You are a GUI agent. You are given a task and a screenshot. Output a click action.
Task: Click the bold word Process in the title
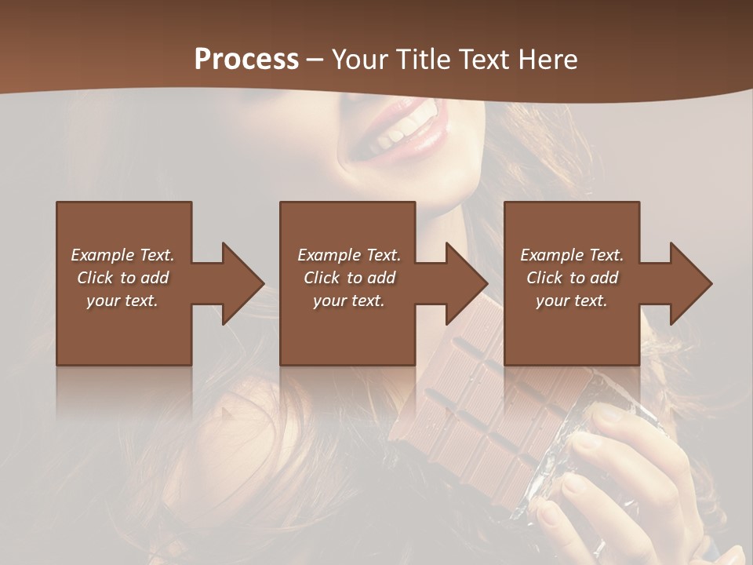pyautogui.click(x=246, y=60)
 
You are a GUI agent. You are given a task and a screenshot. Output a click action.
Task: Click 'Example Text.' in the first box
pyautogui.click(x=122, y=255)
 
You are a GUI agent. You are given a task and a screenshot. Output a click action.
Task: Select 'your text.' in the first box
pyautogui.click(x=122, y=301)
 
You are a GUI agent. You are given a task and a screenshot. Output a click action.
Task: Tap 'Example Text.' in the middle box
pyautogui.click(x=349, y=255)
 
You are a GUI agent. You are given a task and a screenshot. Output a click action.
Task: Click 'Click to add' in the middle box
pyautogui.click(x=349, y=278)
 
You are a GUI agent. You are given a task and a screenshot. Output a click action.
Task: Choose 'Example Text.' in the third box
pyautogui.click(x=572, y=255)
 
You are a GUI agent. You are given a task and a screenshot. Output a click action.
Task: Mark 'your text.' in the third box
pyautogui.click(x=572, y=301)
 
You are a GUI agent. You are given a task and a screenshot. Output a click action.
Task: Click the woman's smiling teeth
pyautogui.click(x=396, y=133)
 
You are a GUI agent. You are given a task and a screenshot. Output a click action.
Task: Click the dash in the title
pyautogui.click(x=315, y=60)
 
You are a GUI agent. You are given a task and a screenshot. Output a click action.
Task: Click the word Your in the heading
pyautogui.click(x=360, y=60)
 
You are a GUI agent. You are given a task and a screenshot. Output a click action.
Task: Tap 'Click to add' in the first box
pyautogui.click(x=122, y=278)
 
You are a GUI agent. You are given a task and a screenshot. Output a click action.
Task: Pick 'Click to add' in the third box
pyautogui.click(x=572, y=278)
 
